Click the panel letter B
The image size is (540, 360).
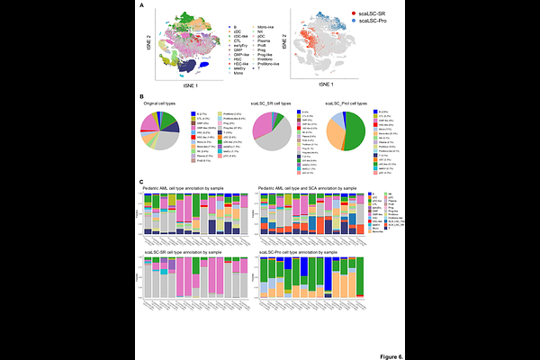141,95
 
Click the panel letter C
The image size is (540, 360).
141,181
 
